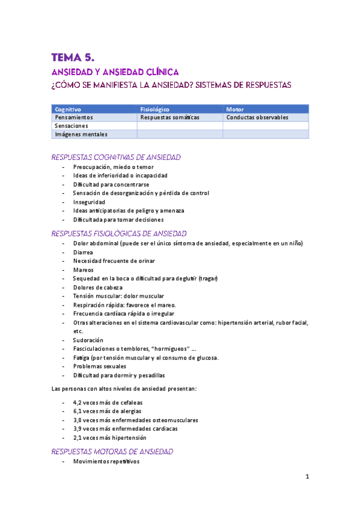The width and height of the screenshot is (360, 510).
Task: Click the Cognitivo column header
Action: [x=68, y=109]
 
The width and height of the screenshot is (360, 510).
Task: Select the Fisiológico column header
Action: [x=154, y=109]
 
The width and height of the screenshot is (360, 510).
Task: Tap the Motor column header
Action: [x=236, y=109]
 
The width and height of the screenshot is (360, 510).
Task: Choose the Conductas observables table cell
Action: [x=257, y=118]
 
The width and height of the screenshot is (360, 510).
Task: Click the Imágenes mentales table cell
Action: [x=81, y=135]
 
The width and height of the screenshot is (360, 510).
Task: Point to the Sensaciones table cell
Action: [x=72, y=126]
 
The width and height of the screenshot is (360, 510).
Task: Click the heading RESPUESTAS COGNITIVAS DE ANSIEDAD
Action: [x=116, y=157]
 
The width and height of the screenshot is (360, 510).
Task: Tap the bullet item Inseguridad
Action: [x=90, y=202]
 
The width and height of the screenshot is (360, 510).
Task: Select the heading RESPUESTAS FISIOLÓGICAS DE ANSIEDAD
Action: [x=119, y=233]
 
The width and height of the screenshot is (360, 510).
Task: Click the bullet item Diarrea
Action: [x=83, y=253]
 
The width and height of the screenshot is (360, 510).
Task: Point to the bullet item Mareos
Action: [x=83, y=270]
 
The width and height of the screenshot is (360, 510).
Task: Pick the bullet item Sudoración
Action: [x=88, y=340]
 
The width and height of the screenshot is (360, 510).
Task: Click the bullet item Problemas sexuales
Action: [x=100, y=366]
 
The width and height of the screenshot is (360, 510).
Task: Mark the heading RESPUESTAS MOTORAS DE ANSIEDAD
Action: [x=113, y=451]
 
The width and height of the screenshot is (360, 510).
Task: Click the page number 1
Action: [x=307, y=478]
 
